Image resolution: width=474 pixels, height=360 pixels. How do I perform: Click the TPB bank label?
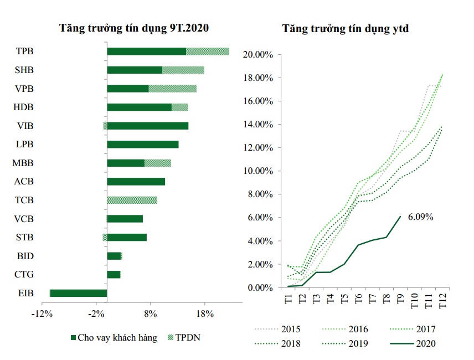click(25, 52)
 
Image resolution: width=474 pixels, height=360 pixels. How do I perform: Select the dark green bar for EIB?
click(78, 293)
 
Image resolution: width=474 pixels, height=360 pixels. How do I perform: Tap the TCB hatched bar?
click(132, 200)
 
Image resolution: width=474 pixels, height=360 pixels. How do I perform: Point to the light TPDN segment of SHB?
click(183, 70)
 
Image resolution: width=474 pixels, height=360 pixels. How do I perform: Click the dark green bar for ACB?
click(136, 181)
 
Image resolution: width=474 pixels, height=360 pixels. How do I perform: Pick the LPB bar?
click(142, 144)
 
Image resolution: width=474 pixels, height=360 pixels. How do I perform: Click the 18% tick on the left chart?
click(204, 314)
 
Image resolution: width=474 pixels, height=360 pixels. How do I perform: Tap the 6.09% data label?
click(420, 217)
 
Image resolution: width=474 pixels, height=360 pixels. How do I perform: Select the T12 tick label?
click(443, 302)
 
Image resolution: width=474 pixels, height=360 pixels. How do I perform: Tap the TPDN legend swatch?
click(170, 337)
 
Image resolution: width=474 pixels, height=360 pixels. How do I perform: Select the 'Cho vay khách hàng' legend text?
click(117, 337)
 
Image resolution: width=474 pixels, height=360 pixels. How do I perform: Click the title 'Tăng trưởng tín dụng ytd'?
click(346, 28)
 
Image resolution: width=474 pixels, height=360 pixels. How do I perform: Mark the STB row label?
click(24, 237)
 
